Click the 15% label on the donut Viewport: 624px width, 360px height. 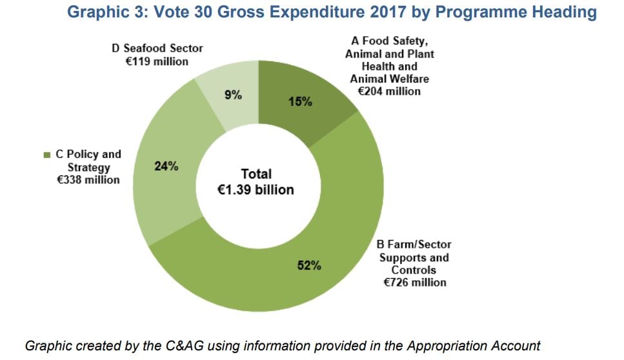299,101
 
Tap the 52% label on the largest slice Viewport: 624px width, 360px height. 309,265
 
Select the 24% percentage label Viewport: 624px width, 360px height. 166,166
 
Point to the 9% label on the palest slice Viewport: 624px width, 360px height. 233,95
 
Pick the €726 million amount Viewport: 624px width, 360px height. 414,282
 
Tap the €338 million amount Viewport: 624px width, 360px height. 88,180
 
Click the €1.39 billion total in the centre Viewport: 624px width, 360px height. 256,190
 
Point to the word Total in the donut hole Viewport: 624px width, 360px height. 256,174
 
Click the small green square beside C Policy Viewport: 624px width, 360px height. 46,155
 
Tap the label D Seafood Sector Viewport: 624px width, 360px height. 157,48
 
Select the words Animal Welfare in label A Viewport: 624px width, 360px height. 389,79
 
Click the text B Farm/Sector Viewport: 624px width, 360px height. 414,245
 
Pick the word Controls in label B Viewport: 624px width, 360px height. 414,270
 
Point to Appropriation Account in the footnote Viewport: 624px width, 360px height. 473,345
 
